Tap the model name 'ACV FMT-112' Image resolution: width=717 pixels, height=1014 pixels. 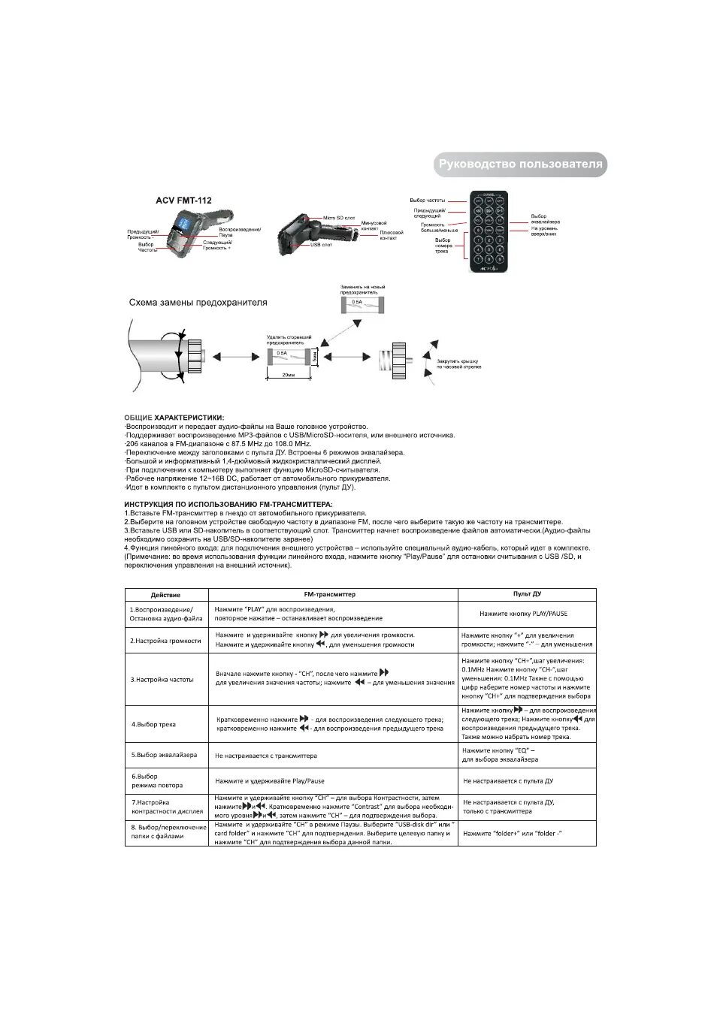pyautogui.click(x=183, y=201)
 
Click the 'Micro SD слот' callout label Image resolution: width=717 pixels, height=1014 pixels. pyautogui.click(x=338, y=218)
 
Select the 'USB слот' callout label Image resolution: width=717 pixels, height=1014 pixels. pyautogui.click(x=320, y=245)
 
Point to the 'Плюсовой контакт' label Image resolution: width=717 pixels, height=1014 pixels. pyautogui.click(x=391, y=235)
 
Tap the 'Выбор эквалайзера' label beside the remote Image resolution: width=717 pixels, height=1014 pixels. pyautogui.click(x=545, y=219)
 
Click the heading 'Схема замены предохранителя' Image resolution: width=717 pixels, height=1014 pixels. pyautogui.click(x=198, y=303)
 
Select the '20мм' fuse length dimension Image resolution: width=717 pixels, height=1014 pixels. pyautogui.click(x=288, y=373)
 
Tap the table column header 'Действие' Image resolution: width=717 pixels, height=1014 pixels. pyautogui.click(x=165, y=594)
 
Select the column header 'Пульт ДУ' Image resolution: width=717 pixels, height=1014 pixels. pyautogui.click(x=527, y=594)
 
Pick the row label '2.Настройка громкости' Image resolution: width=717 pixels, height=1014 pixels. pyautogui.click(x=165, y=641)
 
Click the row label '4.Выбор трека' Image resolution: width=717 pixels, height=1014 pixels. pyautogui.click(x=153, y=724)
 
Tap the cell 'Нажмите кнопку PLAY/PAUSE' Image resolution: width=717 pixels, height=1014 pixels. pyautogui.click(x=523, y=614)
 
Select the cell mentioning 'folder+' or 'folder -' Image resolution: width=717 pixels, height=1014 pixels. pyautogui.click(x=513, y=833)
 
